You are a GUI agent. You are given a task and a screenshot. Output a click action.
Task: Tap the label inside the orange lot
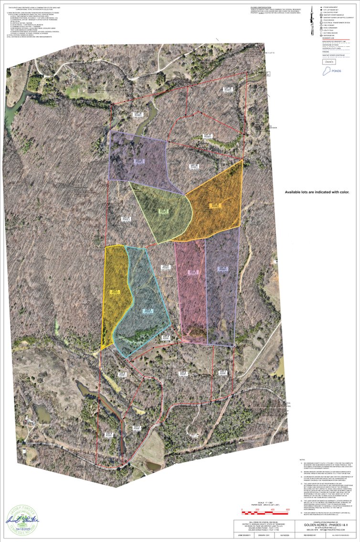point(215,206)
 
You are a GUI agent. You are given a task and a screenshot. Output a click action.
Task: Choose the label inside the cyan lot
point(148,311)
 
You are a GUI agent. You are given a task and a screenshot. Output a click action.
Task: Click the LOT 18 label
point(228,89)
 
